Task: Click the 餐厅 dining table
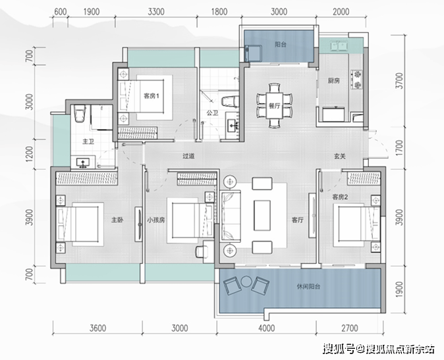pyautogui.click(x=274, y=105)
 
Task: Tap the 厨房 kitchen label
pyautogui.click(x=333, y=81)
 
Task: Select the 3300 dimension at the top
pyautogui.click(x=156, y=12)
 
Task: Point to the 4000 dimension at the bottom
pyautogui.click(x=266, y=328)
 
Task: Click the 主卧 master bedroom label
pyautogui.click(x=117, y=220)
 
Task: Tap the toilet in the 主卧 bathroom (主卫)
pyautogui.click(x=80, y=113)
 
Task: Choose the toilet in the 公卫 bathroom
pyautogui.click(x=230, y=102)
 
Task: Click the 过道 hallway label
pyautogui.click(x=188, y=156)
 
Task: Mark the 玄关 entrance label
pyautogui.click(x=339, y=156)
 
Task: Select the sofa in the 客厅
pyautogui.click(x=230, y=216)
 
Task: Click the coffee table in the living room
pyautogui.click(x=262, y=215)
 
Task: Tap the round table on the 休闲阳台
pyautogui.click(x=246, y=282)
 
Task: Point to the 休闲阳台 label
pyautogui.click(x=308, y=286)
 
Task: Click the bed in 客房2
pyautogui.click(x=357, y=225)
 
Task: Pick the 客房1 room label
pyautogui.click(x=152, y=96)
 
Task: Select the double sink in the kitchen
pyautogui.click(x=339, y=46)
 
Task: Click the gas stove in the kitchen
pyautogui.click(x=357, y=80)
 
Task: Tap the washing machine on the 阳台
pyautogui.click(x=254, y=53)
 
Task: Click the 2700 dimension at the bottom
pyautogui.click(x=350, y=328)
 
